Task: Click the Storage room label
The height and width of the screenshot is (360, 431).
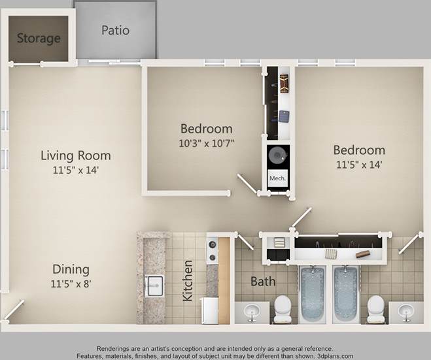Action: [38, 38]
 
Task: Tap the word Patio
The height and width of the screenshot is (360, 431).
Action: [115, 30]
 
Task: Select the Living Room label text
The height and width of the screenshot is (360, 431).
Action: [75, 155]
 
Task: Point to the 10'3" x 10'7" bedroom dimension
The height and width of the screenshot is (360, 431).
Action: [206, 142]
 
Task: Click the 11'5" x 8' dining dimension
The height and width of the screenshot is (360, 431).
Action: [71, 284]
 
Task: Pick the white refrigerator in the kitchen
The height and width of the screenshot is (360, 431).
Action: [211, 310]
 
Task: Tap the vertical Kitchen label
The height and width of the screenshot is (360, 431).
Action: [188, 281]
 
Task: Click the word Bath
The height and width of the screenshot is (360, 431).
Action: [264, 282]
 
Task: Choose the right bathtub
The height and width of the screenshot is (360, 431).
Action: [347, 293]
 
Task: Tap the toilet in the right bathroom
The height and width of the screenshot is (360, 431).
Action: [375, 308]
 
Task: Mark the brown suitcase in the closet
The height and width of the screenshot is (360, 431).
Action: [284, 82]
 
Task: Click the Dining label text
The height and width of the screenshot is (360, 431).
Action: [71, 269]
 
